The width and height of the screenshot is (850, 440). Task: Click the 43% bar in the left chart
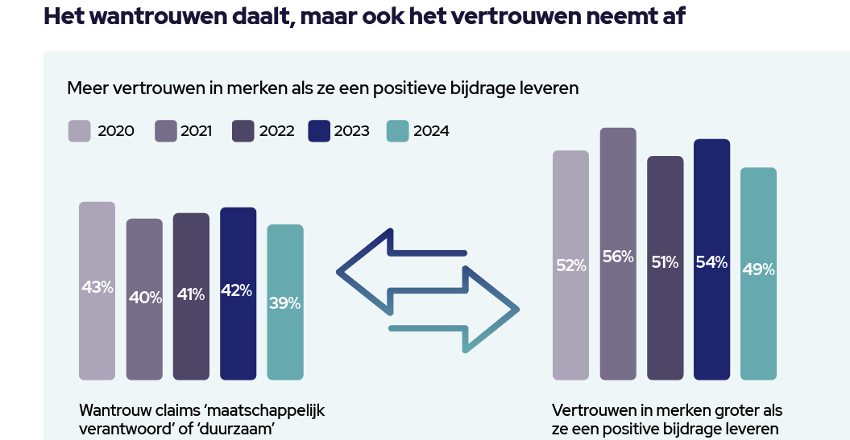97,290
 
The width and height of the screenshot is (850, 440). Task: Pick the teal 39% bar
285,302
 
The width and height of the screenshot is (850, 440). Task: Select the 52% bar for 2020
570,265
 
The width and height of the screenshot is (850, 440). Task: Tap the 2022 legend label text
276,131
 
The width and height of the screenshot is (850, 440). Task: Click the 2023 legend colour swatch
320,131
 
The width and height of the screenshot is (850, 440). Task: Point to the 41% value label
191,295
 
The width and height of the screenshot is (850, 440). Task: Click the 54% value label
711,261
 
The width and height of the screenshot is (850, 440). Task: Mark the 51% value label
665,262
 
